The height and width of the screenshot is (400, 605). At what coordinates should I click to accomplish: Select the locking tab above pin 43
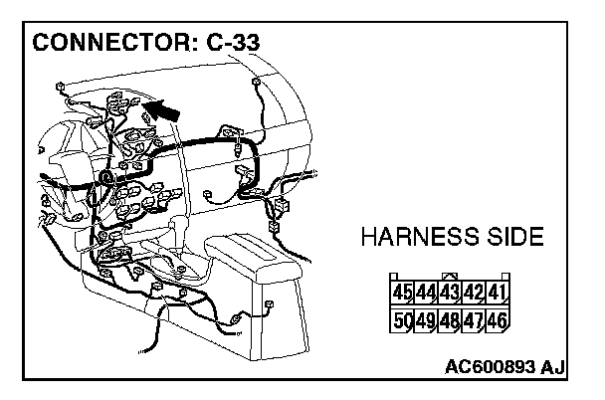pyautogui.click(x=450, y=277)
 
